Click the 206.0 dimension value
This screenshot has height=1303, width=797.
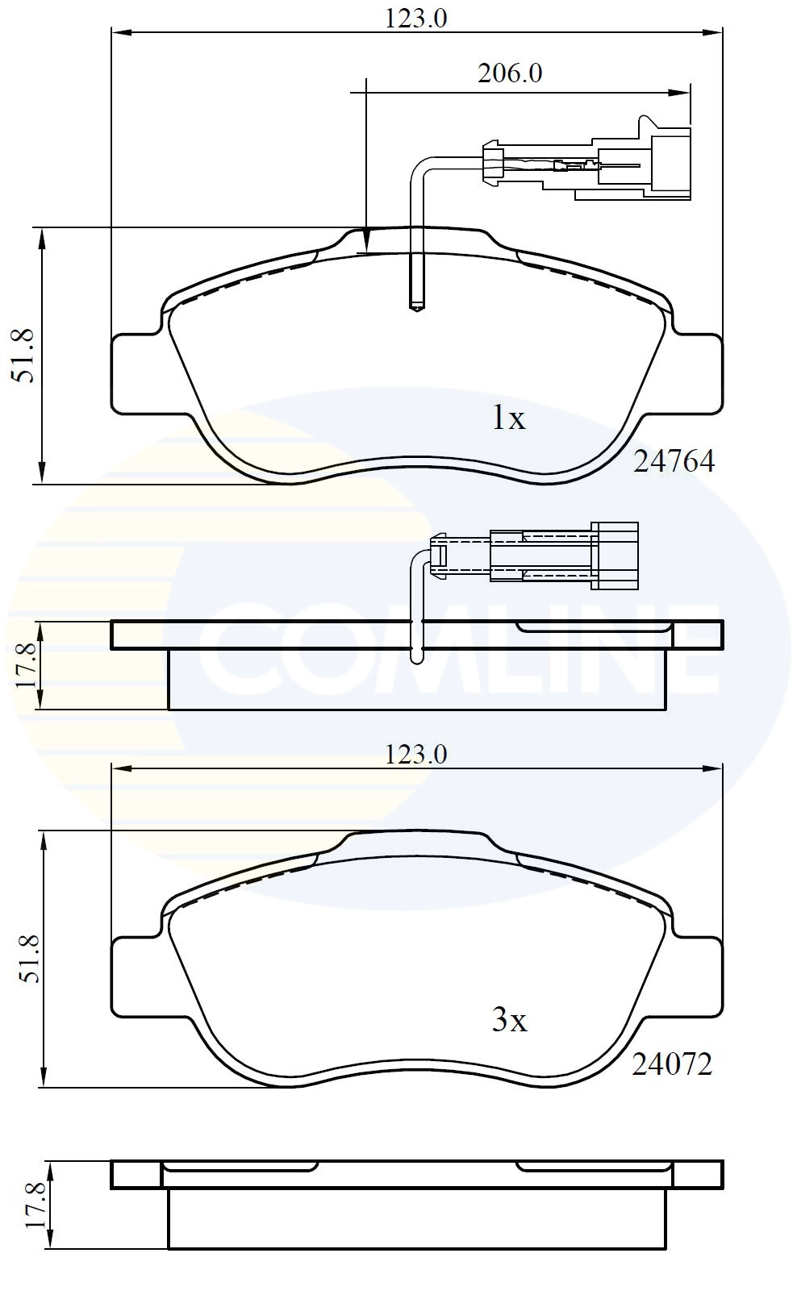point(510,74)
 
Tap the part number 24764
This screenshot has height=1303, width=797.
point(674,461)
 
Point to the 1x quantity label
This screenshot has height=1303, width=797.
point(508,418)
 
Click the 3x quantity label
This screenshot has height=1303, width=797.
point(510,1021)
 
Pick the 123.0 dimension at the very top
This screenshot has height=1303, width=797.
point(416,19)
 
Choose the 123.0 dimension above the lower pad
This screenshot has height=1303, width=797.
point(416,755)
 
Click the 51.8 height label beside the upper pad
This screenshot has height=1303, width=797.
point(26,356)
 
